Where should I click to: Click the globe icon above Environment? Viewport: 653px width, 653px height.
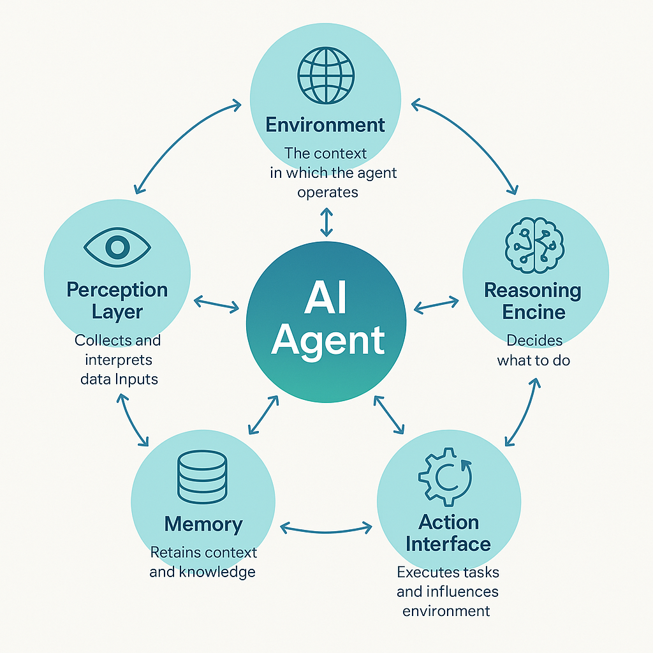coord(326,75)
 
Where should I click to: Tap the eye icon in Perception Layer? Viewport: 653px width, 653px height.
coord(117,246)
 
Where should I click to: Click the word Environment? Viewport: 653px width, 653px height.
coord(325,124)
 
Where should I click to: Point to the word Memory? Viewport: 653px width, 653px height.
coord(203,524)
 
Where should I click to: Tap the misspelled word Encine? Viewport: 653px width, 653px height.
coord(534,312)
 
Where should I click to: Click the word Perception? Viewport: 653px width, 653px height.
coord(117,290)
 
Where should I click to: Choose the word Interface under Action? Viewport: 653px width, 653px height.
coord(448,544)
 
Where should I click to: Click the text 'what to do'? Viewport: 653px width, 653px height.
coord(534,360)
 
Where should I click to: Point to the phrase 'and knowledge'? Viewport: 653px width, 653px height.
coord(203,571)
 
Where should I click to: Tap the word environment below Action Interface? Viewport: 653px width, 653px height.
coord(446,610)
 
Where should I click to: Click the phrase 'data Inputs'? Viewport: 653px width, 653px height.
coord(119,378)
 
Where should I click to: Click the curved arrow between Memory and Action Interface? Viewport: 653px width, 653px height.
coord(326,528)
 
